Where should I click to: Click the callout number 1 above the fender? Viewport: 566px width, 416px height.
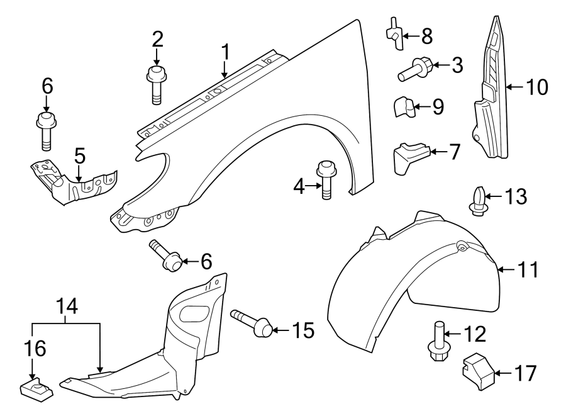(x=225, y=53)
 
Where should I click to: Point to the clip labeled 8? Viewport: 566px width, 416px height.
(x=394, y=35)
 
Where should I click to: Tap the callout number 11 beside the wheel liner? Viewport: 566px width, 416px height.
(x=528, y=271)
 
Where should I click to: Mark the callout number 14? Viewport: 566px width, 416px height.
(x=65, y=306)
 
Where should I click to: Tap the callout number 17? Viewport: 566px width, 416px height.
(x=526, y=374)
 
